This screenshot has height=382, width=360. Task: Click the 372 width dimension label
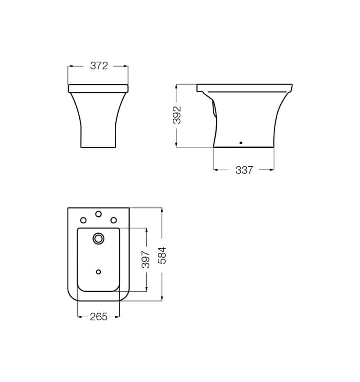(x=99, y=66)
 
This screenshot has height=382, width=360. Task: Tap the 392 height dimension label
(x=177, y=115)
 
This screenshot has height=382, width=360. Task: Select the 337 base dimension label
(x=244, y=170)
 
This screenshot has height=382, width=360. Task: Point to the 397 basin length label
(x=146, y=259)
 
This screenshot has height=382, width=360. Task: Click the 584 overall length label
(x=162, y=255)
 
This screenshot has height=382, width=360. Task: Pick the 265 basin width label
(x=99, y=317)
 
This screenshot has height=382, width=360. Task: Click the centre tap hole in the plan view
(x=99, y=214)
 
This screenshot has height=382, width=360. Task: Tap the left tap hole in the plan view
(x=83, y=220)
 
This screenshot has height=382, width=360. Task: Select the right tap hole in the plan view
(x=114, y=220)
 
